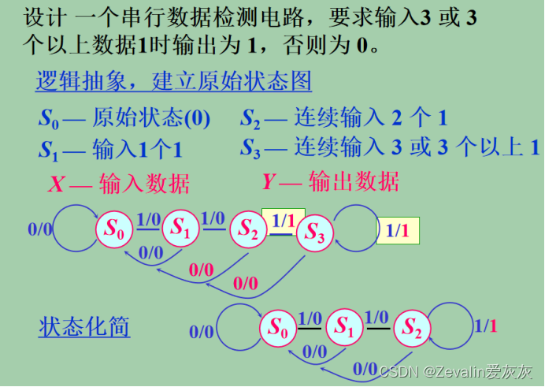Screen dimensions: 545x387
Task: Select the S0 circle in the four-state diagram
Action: tap(115, 229)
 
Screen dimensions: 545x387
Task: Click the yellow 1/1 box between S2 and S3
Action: tap(283, 222)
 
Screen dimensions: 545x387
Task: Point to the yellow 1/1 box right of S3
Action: tap(398, 231)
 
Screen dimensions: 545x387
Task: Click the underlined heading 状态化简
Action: tap(84, 326)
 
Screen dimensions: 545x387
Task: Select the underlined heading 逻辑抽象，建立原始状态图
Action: tap(173, 82)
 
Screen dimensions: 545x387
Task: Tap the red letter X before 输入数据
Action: tap(56, 184)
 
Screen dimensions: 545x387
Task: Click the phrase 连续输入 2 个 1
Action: tap(370, 119)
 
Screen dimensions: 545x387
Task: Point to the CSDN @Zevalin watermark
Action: tap(456, 370)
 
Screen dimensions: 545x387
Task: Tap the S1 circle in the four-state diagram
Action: tap(182, 229)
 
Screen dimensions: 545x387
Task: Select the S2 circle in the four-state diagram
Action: tap(248, 229)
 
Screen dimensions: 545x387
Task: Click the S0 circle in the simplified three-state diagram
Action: tap(278, 326)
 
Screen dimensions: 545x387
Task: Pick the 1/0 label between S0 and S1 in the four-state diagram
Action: tap(148, 219)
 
